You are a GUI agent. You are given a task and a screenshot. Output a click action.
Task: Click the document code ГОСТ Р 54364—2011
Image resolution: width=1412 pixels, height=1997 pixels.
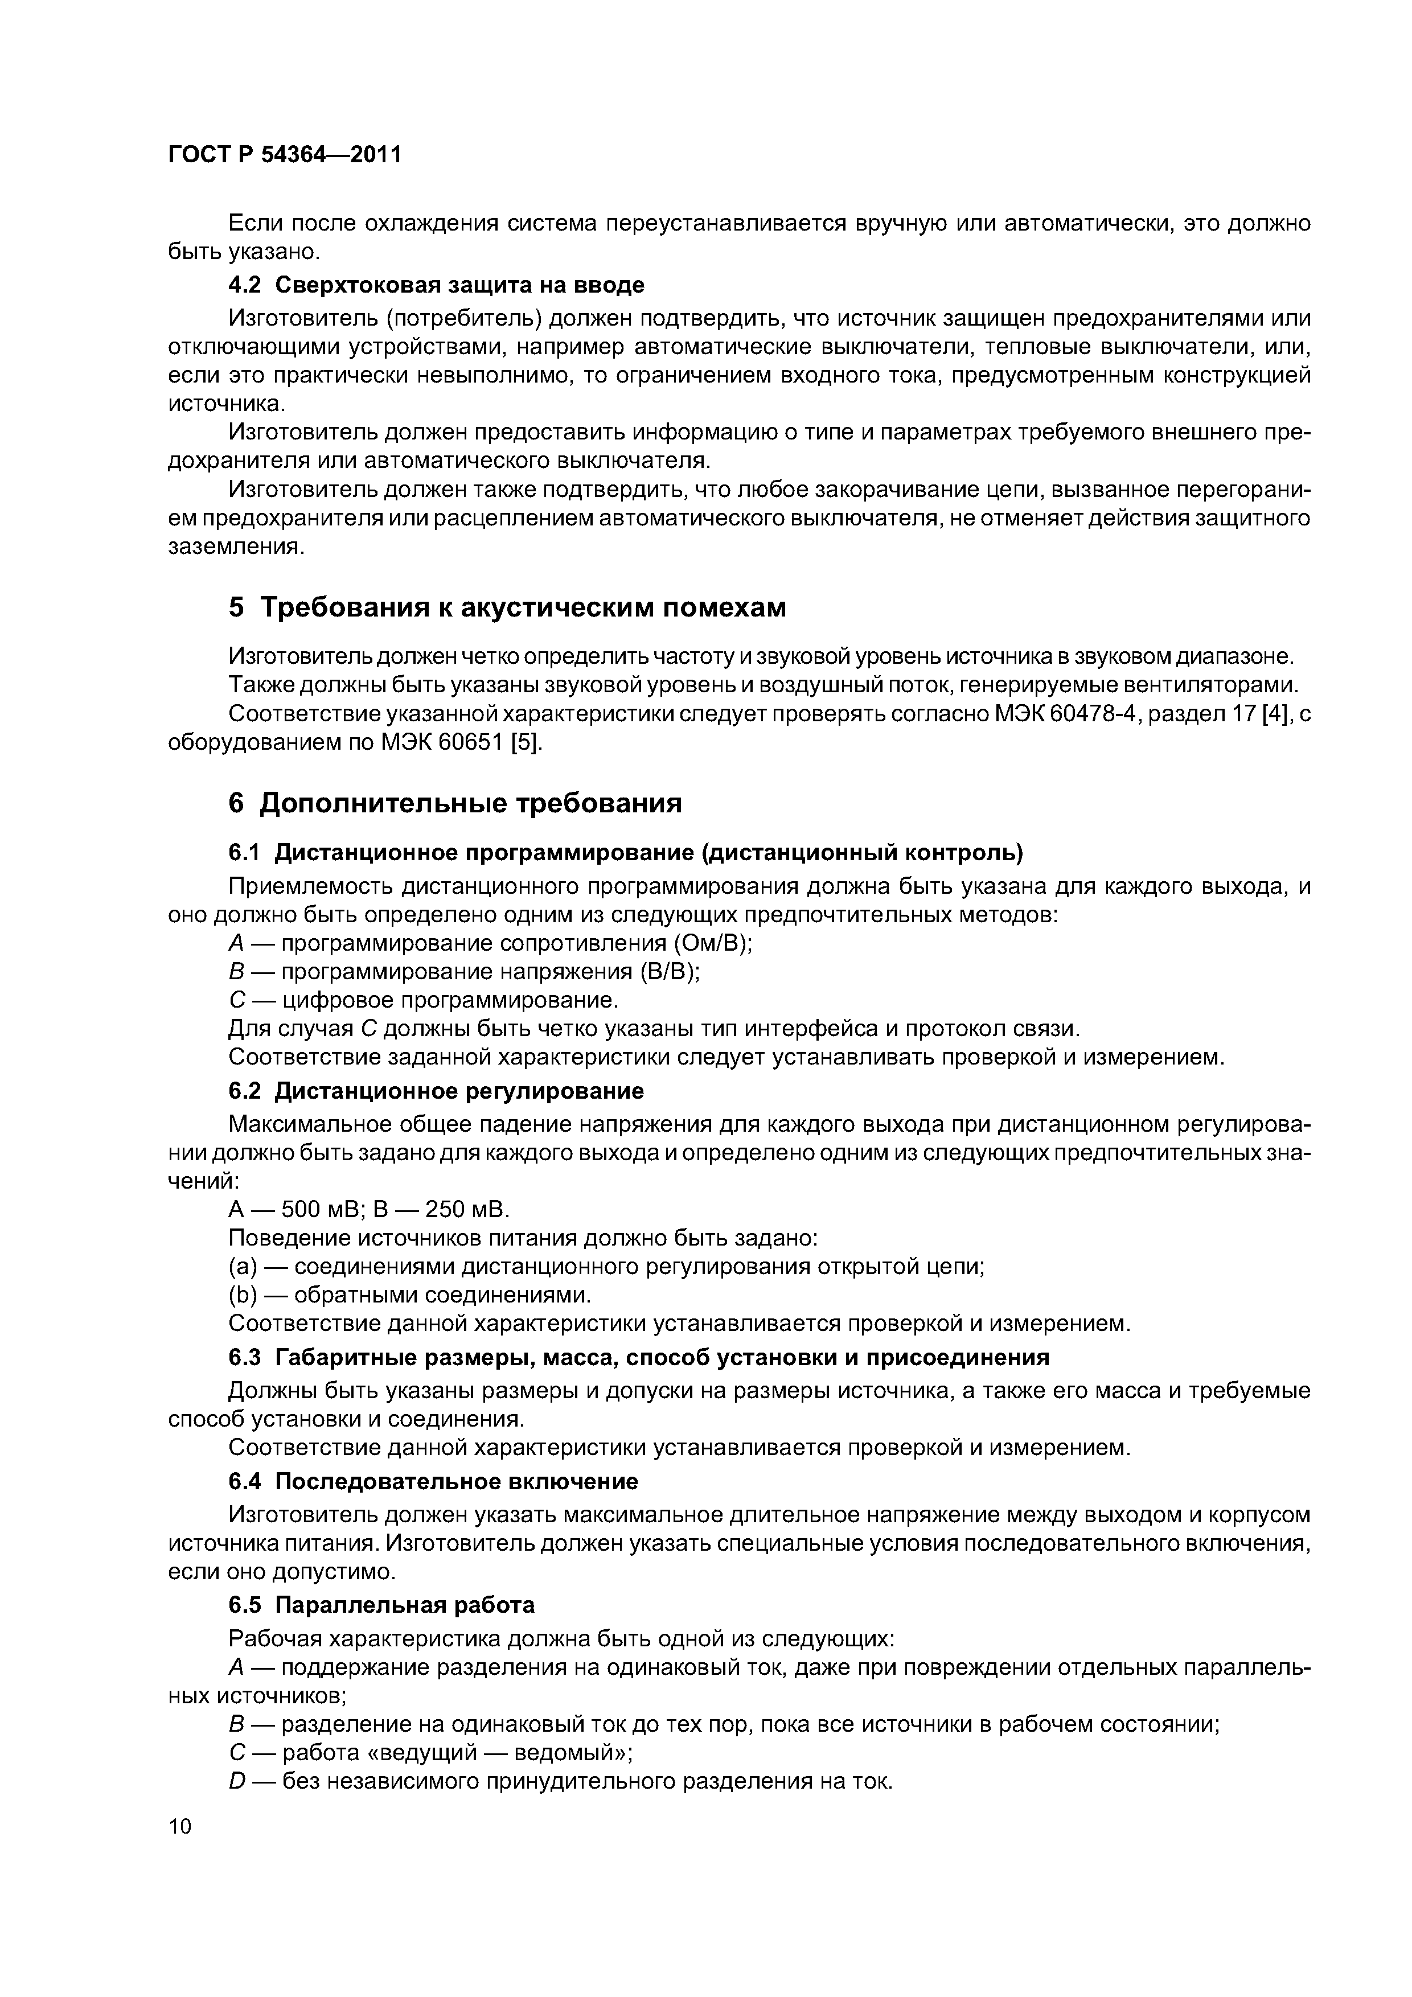285,155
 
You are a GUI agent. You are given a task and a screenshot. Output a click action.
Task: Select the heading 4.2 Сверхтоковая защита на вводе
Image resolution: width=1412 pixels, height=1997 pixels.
436,285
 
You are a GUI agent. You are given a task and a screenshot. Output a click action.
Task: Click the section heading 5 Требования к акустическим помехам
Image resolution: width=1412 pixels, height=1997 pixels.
507,607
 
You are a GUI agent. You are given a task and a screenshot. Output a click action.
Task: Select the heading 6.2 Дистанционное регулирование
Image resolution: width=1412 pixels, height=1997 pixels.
436,1091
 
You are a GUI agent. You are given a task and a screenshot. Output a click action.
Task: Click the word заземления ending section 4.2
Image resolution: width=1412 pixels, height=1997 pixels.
235,547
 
